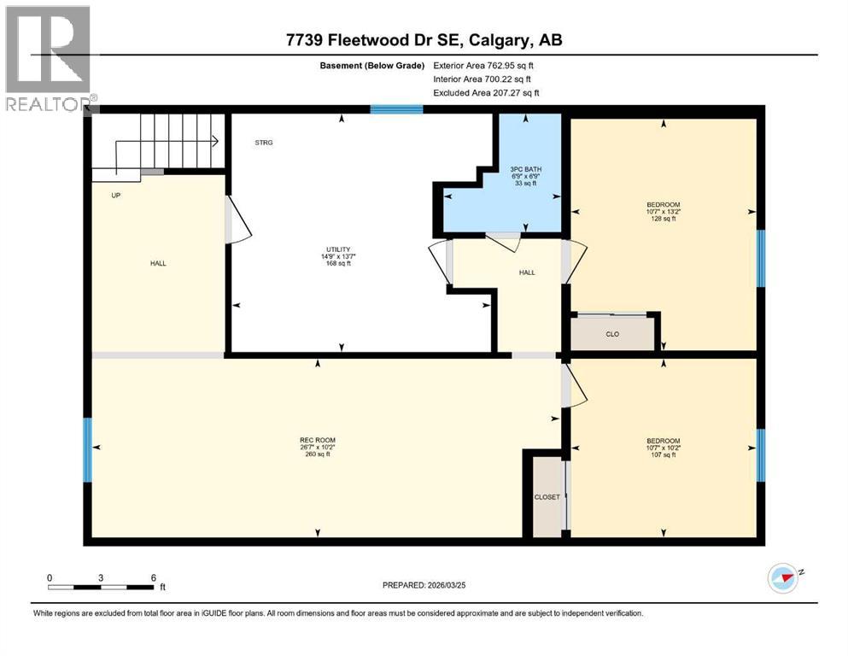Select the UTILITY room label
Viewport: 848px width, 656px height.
click(x=342, y=256)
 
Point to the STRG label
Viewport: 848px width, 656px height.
click(x=264, y=143)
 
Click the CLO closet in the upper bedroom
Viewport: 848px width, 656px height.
click(x=612, y=334)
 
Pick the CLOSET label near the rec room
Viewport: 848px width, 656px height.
click(x=547, y=496)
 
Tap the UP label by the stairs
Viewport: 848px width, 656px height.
click(x=116, y=196)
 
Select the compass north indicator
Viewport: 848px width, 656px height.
click(x=783, y=578)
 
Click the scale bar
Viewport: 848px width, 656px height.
click(x=101, y=587)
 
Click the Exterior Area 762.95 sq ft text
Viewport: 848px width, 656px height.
click(x=486, y=65)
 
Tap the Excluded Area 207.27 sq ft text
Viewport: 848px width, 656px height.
click(x=486, y=92)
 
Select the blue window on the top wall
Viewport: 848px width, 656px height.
click(x=396, y=109)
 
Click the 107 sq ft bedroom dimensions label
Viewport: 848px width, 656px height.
click(x=663, y=448)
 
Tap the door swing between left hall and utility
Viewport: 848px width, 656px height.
click(x=237, y=220)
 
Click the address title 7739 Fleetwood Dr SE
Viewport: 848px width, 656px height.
click(x=424, y=40)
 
